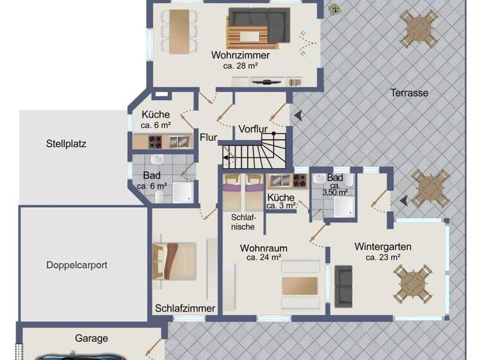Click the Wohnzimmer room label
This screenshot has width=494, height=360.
point(240,55)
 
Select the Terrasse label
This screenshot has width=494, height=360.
point(409,93)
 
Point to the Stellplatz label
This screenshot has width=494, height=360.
point(66,143)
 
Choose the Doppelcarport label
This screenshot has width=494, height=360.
point(77,264)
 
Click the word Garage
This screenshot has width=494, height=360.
point(91,338)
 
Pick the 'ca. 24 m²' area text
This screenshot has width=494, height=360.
point(263,257)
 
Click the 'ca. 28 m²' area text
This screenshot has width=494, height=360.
point(240,66)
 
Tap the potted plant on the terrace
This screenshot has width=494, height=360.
point(334,9)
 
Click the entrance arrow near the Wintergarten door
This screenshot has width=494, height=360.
point(403,201)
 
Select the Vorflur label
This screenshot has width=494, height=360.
point(252,129)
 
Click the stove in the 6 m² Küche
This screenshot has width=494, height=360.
point(156,141)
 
